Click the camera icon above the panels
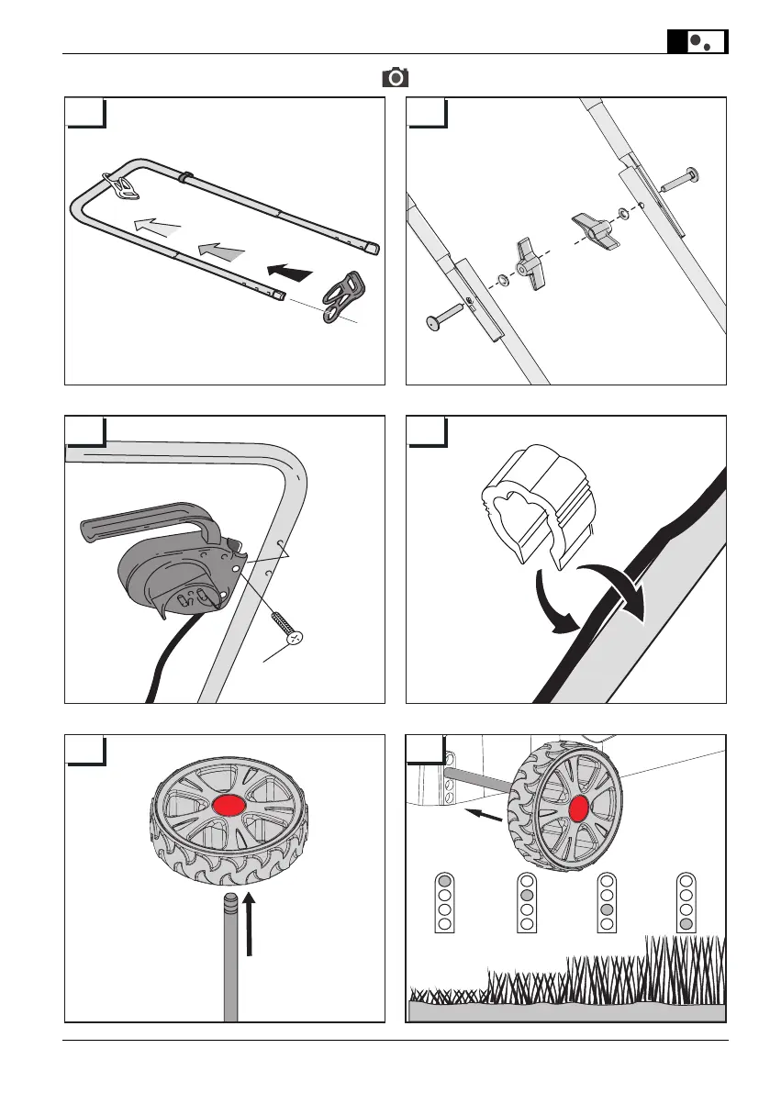point(396,77)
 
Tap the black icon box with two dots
point(697,41)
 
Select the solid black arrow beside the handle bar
point(289,271)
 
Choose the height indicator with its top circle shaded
point(444,902)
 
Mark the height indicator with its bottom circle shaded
point(686,902)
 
